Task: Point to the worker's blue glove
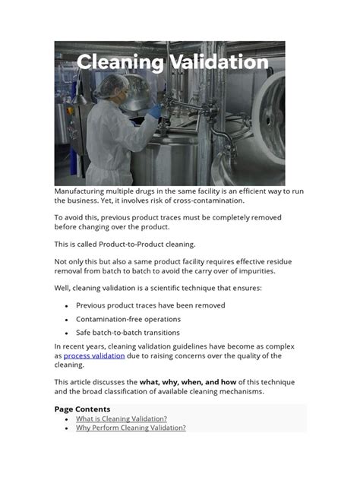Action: click(x=154, y=111)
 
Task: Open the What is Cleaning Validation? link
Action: click(x=122, y=418)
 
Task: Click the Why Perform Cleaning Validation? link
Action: click(x=131, y=428)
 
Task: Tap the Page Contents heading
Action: click(x=82, y=409)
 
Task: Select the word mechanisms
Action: click(x=242, y=392)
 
